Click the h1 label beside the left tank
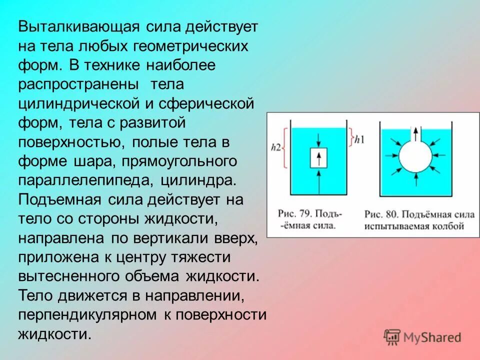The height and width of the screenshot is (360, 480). [358, 139]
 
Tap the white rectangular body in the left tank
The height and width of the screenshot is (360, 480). [317, 158]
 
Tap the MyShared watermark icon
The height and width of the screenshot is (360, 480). [392, 337]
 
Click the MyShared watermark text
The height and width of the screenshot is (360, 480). [432, 337]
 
